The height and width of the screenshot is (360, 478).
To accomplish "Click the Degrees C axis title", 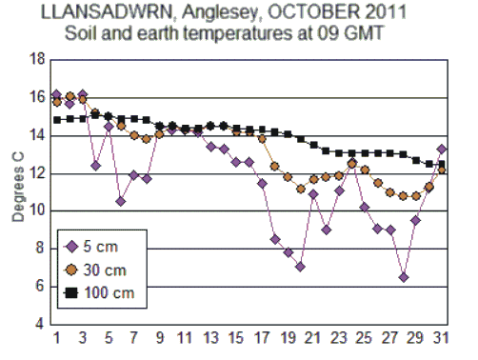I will [17, 190].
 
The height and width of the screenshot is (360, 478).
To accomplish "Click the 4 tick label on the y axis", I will [41, 324].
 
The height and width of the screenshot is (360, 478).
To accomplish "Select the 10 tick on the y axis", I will [38, 210].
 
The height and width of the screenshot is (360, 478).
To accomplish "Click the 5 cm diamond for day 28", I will [404, 277].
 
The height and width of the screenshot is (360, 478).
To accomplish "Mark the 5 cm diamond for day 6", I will [121, 201].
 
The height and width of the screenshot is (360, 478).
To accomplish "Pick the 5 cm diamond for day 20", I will [300, 267].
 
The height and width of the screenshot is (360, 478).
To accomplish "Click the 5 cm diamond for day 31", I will [442, 149].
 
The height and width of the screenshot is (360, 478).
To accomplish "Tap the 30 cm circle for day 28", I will [404, 196].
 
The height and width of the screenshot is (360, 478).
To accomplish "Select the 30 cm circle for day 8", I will [147, 139].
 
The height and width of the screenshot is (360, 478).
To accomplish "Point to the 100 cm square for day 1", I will [57, 120].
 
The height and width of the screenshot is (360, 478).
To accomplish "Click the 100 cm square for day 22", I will [327, 150].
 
